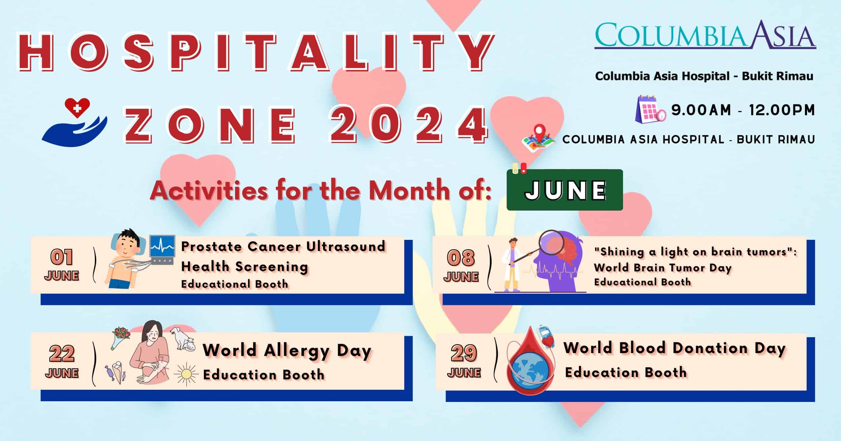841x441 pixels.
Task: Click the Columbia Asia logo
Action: [x=705, y=35]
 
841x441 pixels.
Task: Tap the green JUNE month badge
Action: [x=564, y=190]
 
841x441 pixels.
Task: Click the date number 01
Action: [x=62, y=257]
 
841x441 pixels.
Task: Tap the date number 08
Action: [x=461, y=258]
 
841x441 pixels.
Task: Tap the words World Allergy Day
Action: [x=287, y=350]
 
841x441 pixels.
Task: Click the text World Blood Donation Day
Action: [x=674, y=348]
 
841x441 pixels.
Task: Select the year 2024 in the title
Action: [x=409, y=125]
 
